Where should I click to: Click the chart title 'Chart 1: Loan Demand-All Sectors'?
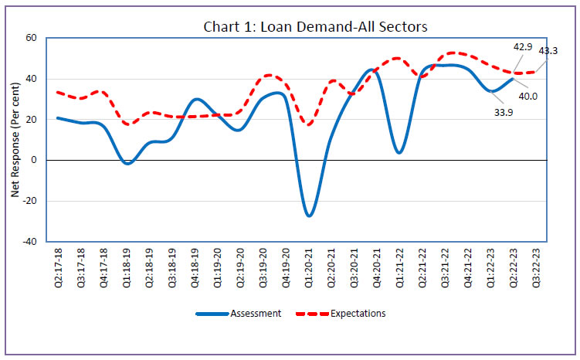(315, 27)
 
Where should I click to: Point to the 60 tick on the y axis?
(32, 38)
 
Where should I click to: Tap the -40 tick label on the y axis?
(30, 241)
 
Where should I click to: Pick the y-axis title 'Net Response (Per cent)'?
(15, 140)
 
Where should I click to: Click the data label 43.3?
(549, 51)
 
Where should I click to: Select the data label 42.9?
(524, 47)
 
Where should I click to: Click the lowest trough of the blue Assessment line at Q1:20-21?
(309, 215)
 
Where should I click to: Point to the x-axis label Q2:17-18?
(59, 267)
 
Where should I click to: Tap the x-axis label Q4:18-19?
(195, 267)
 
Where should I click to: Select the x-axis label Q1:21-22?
(399, 267)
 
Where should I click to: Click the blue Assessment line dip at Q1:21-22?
(399, 152)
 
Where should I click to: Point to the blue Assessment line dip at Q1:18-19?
(127, 163)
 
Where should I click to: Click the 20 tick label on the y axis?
(32, 119)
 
